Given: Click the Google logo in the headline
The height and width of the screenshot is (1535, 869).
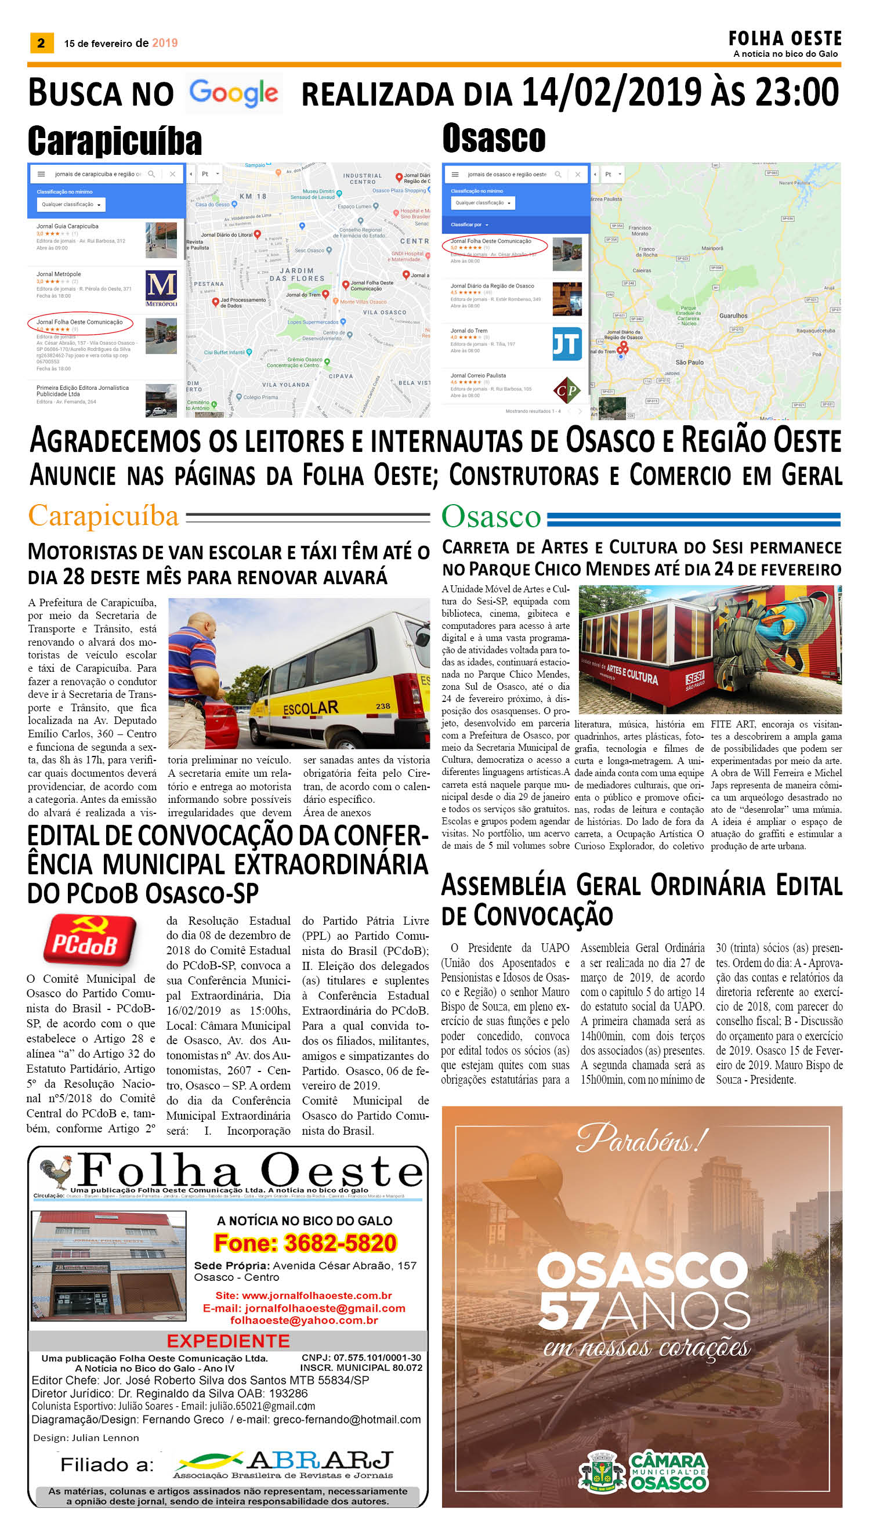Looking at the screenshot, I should (233, 94).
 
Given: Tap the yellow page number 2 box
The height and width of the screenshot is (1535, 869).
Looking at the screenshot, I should (41, 43).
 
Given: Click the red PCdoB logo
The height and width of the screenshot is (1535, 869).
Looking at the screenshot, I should (89, 940).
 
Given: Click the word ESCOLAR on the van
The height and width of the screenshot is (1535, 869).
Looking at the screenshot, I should (310, 708).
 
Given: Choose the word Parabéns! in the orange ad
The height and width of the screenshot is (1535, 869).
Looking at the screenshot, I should (642, 1139).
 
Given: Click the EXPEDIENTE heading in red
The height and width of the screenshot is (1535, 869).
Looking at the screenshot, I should (228, 1341).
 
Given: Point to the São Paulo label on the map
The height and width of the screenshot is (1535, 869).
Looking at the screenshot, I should (689, 362).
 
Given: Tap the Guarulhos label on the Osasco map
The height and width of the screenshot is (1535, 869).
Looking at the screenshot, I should (733, 316).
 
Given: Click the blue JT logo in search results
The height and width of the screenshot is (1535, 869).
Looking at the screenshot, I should (566, 344).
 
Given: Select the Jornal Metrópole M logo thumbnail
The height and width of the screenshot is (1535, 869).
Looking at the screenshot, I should (161, 288).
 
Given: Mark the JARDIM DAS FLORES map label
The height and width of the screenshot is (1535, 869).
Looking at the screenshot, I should (302, 274).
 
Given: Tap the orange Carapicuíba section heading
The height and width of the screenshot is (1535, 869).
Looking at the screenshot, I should (103, 515).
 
